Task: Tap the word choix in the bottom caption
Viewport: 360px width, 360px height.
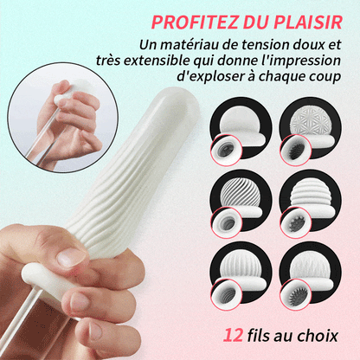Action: [319, 334]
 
